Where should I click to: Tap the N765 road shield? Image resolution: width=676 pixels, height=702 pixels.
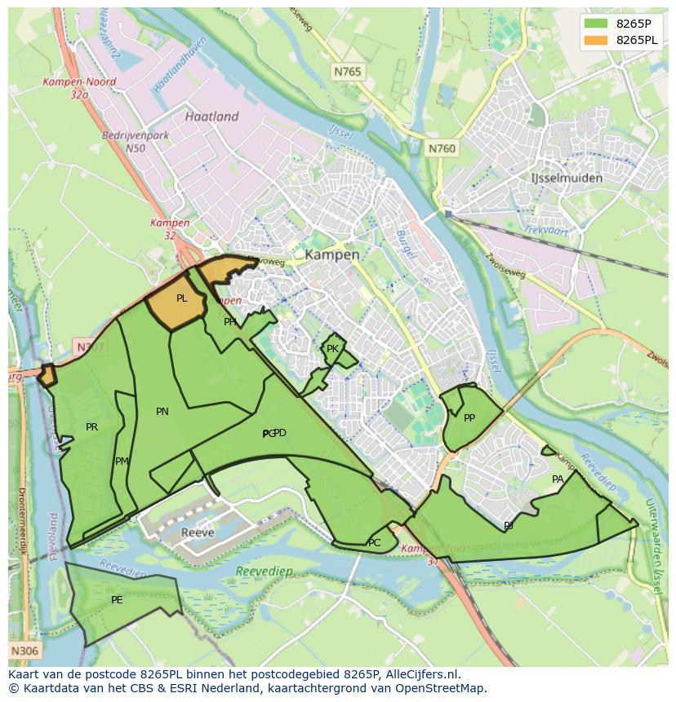tap(347, 73)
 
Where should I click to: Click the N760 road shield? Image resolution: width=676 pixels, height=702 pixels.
tap(442, 148)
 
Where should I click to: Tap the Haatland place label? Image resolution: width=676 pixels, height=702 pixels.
tap(211, 117)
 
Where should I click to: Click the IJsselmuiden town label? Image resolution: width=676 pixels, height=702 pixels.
tap(567, 178)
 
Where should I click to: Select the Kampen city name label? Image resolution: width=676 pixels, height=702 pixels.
tap(331, 254)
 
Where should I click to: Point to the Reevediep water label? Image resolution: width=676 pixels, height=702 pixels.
tap(263, 572)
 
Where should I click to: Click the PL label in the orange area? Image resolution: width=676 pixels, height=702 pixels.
tap(181, 298)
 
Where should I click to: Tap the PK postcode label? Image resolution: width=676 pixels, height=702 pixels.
tap(332, 349)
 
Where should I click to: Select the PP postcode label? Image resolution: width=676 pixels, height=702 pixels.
tap(469, 418)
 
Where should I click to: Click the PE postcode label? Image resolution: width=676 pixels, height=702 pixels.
tap(117, 600)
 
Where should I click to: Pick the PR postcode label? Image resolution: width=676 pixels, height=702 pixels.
tap(91, 426)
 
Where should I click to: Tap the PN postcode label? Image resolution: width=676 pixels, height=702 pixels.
tap(162, 412)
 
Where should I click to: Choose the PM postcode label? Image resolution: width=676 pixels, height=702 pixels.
tap(122, 461)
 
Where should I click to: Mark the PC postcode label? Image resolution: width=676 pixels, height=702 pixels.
tap(374, 543)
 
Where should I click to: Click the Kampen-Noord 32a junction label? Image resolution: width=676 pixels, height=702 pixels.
tap(80, 88)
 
